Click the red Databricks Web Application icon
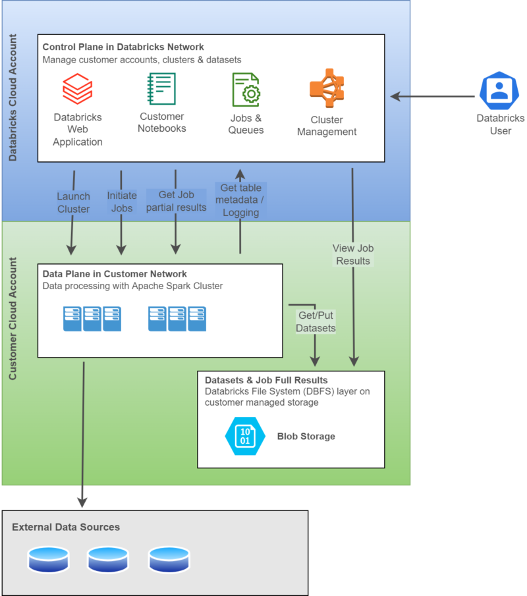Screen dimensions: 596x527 (77, 89)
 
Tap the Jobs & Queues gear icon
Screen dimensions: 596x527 (246, 90)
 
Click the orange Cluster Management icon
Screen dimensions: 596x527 (327, 88)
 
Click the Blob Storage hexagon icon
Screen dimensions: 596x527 (244, 436)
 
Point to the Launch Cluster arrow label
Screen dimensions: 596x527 (73, 202)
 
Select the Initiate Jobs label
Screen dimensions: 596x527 (122, 202)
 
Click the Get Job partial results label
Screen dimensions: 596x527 (176, 201)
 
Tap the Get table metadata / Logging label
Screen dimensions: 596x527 (240, 200)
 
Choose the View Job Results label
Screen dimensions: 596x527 (353, 254)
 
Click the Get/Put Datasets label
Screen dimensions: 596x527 (316, 321)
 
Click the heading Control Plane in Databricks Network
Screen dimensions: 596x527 (123, 47)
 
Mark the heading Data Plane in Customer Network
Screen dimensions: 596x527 (115, 274)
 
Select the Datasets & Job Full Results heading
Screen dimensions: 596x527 (266, 380)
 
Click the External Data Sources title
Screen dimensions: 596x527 (66, 527)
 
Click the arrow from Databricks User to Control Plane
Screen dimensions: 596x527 (431, 96)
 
